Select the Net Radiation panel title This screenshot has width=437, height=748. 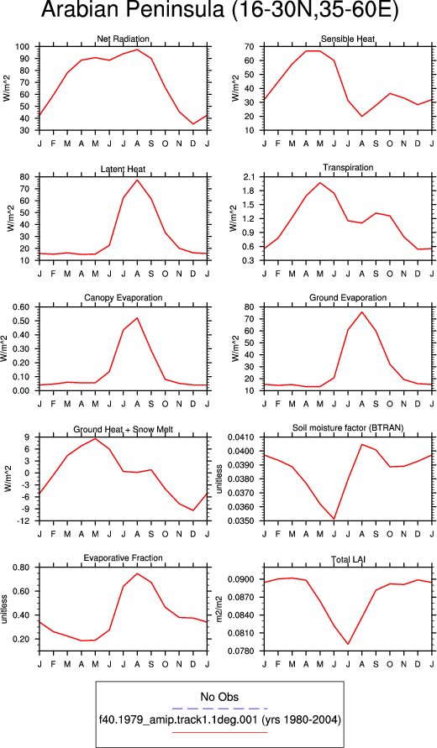coord(124,39)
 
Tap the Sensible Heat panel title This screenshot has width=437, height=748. coord(348,39)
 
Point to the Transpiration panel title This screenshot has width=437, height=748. coord(348,168)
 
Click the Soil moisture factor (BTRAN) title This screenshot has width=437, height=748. coord(348,428)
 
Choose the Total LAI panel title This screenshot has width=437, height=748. coord(348,559)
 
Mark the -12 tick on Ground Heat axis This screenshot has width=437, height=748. coord(27,521)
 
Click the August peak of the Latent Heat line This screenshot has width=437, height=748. coord(137,180)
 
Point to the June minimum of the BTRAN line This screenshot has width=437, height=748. coord(334,519)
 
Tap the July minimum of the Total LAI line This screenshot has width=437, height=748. coord(348,644)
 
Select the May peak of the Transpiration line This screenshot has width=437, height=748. coord(320,183)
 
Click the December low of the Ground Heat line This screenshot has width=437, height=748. coord(193,510)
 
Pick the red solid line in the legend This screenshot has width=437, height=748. coord(219,731)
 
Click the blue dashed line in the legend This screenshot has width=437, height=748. coord(219,709)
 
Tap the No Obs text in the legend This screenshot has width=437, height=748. coord(219,697)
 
